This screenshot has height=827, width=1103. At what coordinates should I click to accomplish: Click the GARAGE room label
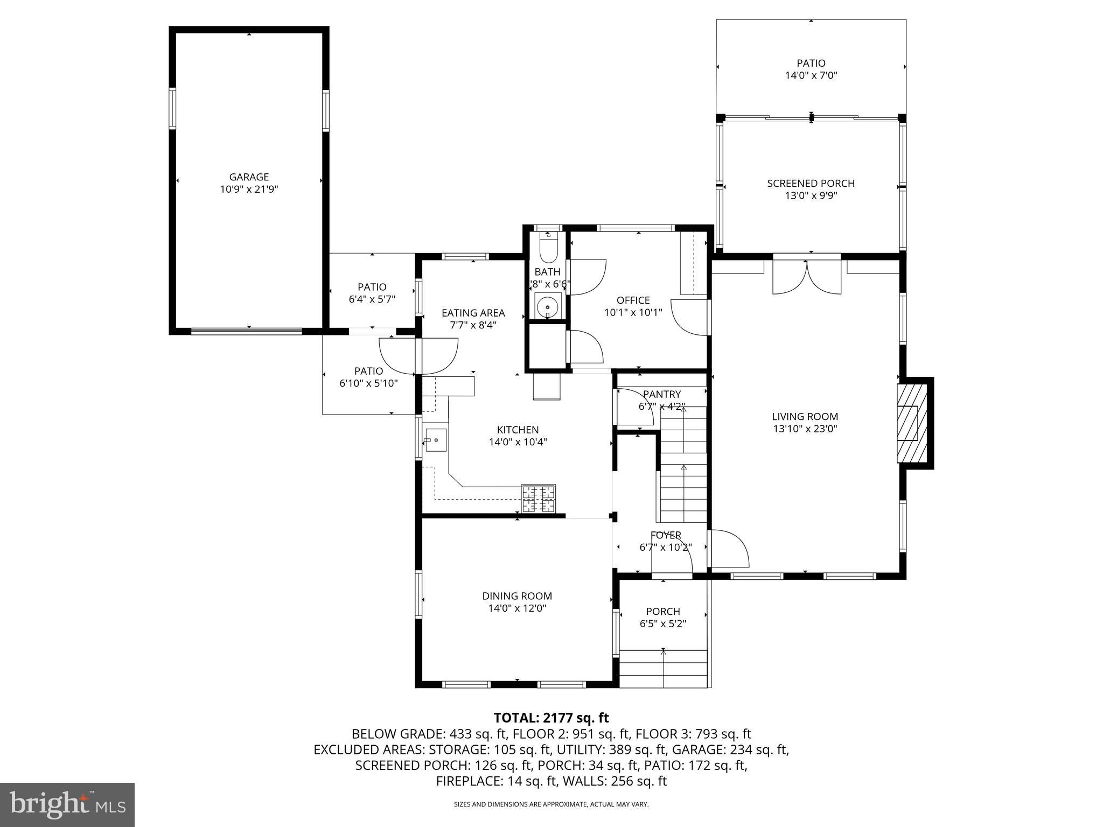tap(249, 177)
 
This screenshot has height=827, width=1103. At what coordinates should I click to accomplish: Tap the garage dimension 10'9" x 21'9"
tap(249, 190)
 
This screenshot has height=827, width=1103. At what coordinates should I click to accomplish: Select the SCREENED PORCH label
tap(811, 184)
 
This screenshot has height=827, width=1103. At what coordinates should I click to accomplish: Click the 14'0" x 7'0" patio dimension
tap(811, 75)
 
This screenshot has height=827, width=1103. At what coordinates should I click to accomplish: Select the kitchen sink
tap(436, 440)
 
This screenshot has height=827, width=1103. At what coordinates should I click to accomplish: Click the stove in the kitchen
tap(538, 498)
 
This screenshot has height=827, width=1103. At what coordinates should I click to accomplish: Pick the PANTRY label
tap(661, 394)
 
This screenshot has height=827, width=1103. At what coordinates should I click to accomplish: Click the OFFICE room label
tap(633, 300)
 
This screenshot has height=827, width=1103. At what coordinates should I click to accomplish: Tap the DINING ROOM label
tap(516, 596)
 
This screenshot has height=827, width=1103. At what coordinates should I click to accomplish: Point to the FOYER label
tap(666, 535)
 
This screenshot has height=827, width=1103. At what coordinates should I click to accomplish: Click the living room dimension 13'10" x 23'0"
tap(805, 429)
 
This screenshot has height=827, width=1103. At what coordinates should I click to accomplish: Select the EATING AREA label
tap(473, 313)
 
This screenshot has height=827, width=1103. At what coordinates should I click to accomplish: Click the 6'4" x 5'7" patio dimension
tap(372, 299)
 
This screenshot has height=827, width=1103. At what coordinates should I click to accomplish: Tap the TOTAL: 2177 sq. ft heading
tap(551, 718)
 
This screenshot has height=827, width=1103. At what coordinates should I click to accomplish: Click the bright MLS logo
tap(67, 804)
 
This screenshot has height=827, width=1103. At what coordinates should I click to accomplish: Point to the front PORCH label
tap(662, 612)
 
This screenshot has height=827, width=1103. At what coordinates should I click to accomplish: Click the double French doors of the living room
tap(806, 277)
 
